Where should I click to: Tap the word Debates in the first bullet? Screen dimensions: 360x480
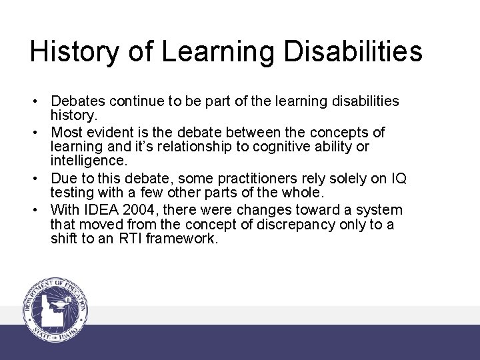coord(79,101)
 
